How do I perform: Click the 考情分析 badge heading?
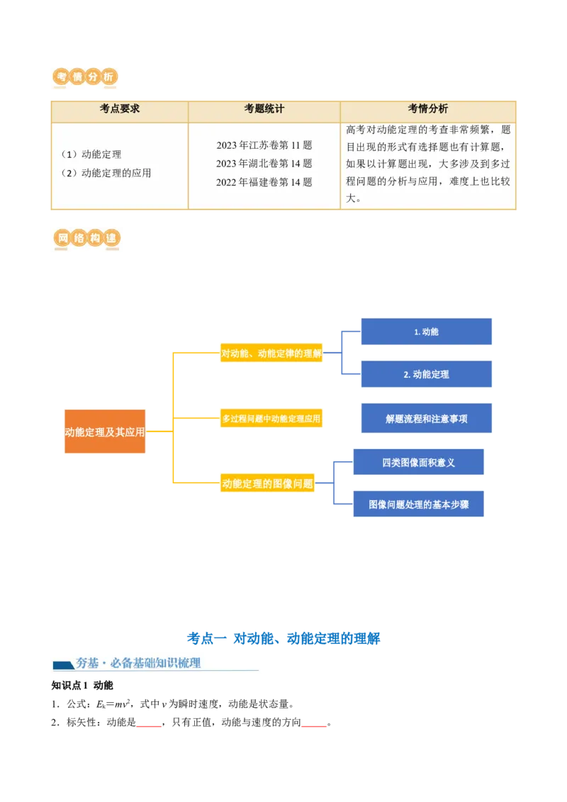pyautogui.click(x=85, y=77)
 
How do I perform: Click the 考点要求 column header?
pyautogui.click(x=120, y=109)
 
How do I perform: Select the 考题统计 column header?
pyautogui.click(x=264, y=109)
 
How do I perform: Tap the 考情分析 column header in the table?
pyautogui.click(x=428, y=109)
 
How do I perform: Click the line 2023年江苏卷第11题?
pyautogui.click(x=264, y=145)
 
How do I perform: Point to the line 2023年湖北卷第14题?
pyautogui.click(x=264, y=164)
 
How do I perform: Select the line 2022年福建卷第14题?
pyautogui.click(x=264, y=182)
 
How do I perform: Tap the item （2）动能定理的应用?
pyautogui.click(x=106, y=173)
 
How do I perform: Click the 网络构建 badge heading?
pyautogui.click(x=85, y=240)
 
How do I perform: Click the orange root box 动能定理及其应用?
pyautogui.click(x=105, y=431)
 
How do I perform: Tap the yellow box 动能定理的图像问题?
pyautogui.click(x=268, y=484)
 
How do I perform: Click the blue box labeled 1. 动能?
pyautogui.click(x=426, y=332)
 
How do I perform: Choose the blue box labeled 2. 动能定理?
pyautogui.click(x=426, y=374)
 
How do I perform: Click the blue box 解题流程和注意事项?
pyautogui.click(x=426, y=419)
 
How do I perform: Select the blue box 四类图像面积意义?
pyautogui.click(x=419, y=463)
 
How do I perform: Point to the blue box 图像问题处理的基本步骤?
pyautogui.click(x=419, y=504)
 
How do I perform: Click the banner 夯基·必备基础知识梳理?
pyautogui.click(x=156, y=663)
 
